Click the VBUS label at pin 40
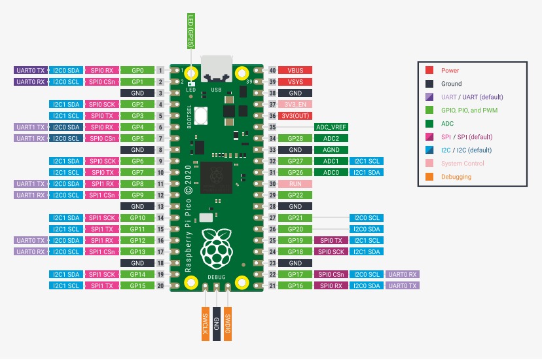(295, 70)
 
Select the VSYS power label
(295, 81)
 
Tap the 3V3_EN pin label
(295, 104)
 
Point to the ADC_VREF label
(331, 127)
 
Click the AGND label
(331, 150)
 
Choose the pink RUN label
(295, 184)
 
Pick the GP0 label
(137, 70)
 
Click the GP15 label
(137, 286)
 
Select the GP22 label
(295, 195)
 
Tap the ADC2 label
(331, 138)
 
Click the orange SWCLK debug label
(205, 324)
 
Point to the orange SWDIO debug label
(228, 324)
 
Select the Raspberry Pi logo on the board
(216, 247)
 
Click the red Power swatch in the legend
(429, 70)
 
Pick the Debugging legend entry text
(456, 177)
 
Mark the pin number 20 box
(160, 286)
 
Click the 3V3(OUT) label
(295, 116)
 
